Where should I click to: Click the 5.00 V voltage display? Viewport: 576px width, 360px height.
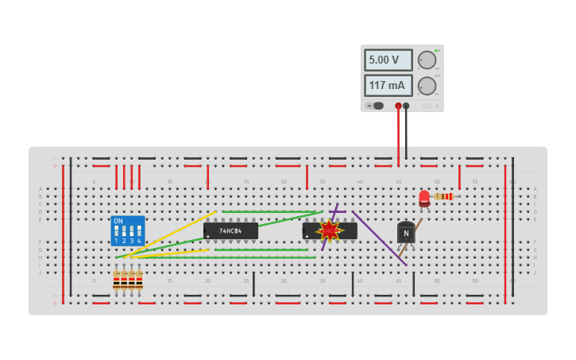click(388, 60)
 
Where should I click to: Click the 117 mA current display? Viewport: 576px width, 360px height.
click(388, 85)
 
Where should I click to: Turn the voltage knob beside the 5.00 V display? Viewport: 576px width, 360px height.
click(427, 60)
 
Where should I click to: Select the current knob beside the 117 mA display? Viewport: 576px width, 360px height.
click(427, 86)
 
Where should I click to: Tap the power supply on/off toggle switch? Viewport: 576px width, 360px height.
click(374, 106)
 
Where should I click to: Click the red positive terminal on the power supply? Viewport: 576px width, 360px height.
click(398, 106)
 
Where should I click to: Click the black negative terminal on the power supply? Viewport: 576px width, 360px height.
click(406, 106)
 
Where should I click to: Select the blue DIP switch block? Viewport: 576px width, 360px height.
click(128, 230)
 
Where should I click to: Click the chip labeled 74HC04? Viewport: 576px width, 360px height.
click(230, 231)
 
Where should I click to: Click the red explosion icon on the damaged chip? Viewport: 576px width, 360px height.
click(329, 231)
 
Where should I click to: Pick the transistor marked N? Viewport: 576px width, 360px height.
click(406, 233)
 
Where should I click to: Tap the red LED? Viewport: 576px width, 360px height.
click(424, 197)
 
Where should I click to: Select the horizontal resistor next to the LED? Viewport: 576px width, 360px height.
click(443, 196)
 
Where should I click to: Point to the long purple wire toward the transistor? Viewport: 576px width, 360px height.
click(380, 238)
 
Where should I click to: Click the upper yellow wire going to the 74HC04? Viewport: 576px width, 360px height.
click(171, 233)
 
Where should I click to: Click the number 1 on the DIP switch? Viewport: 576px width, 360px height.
click(116, 241)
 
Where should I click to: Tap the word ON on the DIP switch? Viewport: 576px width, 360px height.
click(118, 221)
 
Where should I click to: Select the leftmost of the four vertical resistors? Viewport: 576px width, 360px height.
click(116, 280)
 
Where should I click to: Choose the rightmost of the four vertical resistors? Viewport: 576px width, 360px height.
click(139, 280)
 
